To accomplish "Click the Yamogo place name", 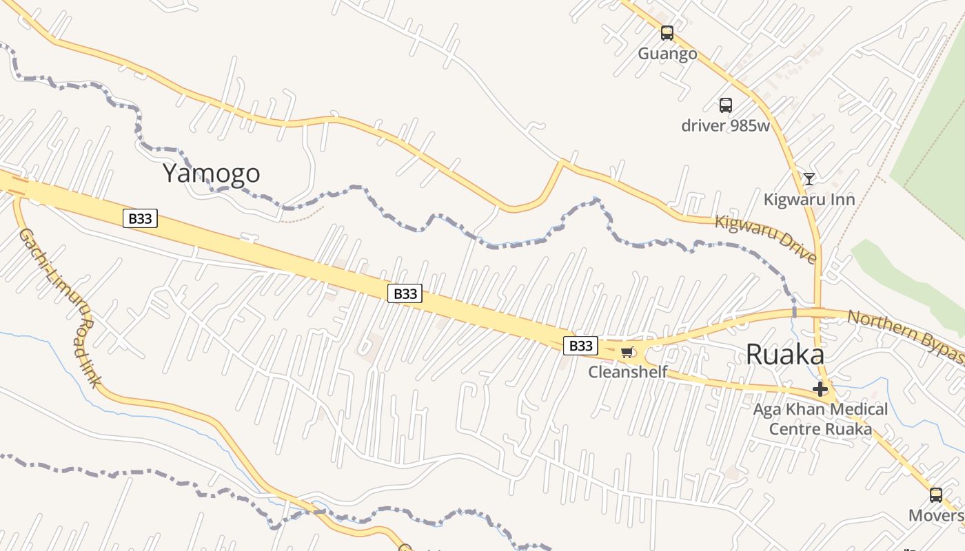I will [211, 173].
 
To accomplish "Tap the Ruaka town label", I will [784, 355].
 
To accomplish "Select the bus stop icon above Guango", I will [667, 32].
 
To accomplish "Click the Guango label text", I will [667, 54].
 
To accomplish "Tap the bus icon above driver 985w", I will [725, 105].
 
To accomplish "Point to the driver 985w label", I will [725, 125].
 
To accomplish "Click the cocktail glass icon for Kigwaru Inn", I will [809, 179].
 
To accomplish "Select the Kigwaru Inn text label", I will [809, 200].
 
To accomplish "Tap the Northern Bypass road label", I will [906, 335].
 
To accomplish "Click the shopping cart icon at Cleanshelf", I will [627, 353].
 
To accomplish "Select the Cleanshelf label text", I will [628, 372].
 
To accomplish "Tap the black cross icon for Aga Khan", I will [820, 390].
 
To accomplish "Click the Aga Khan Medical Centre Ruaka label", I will [820, 419].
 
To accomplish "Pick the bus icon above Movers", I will [935, 495].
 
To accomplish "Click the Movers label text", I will [936, 515].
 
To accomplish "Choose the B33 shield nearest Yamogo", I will [141, 219].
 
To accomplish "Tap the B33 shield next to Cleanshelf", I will [580, 345].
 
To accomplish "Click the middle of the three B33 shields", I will [405, 293].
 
